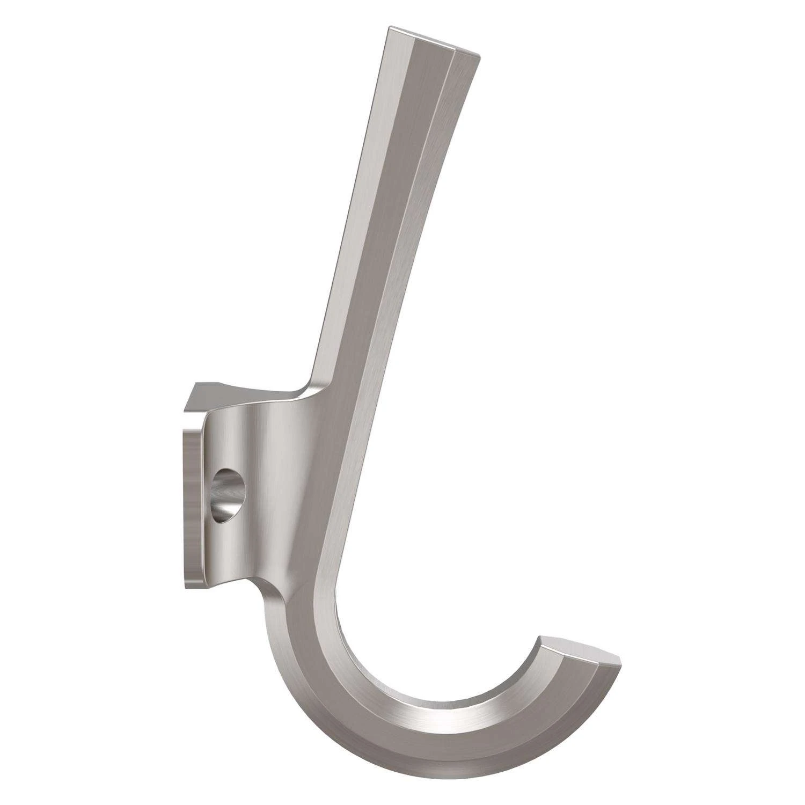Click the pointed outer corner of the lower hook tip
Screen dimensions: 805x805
620,658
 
